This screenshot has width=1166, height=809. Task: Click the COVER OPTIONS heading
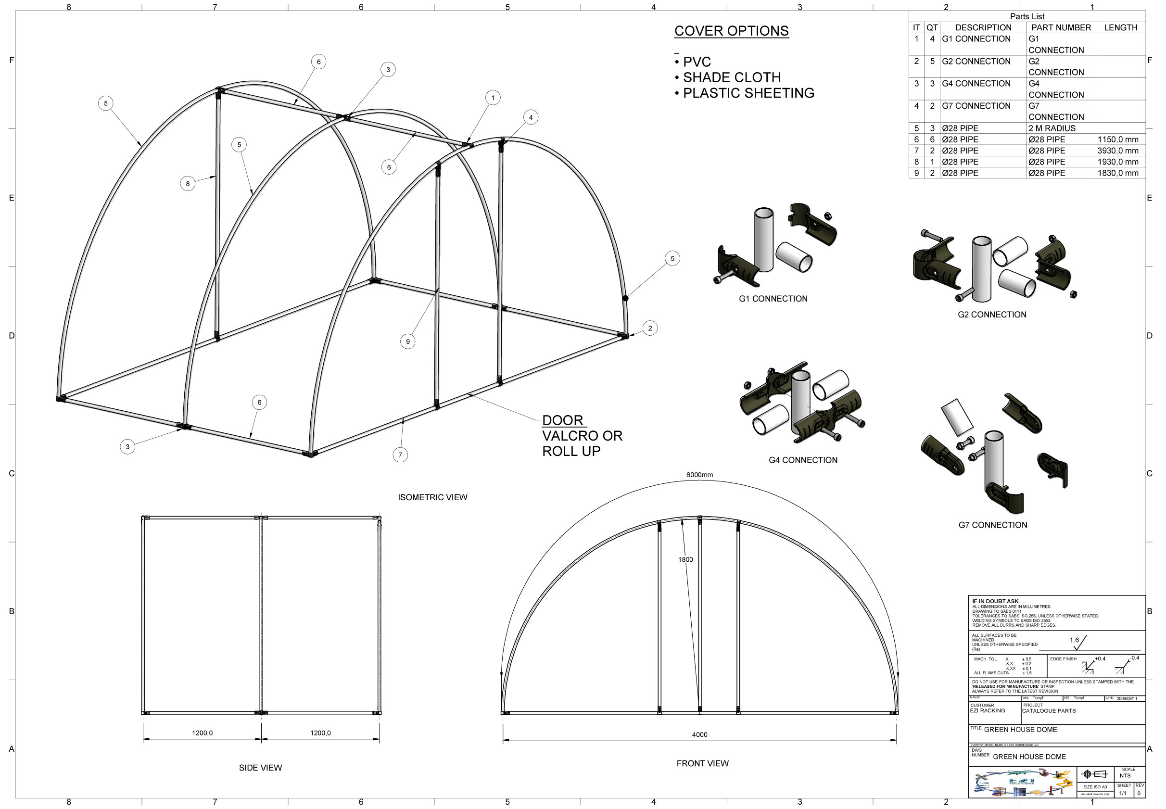click(x=731, y=31)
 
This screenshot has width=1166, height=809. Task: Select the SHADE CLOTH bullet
click(x=731, y=77)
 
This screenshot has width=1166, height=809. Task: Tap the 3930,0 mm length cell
click(x=1117, y=151)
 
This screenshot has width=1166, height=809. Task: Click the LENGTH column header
click(x=1120, y=27)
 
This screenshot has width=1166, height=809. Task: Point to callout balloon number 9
click(x=407, y=341)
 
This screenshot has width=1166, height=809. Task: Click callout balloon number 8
click(x=188, y=184)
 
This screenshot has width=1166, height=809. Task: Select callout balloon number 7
click(x=400, y=455)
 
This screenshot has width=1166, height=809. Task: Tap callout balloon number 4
click(x=531, y=117)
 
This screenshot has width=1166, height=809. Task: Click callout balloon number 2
click(x=650, y=328)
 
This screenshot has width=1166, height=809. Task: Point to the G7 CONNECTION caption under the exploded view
click(x=992, y=525)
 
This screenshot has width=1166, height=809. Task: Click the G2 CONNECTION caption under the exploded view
click(x=991, y=314)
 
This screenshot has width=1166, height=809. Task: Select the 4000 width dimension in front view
click(x=699, y=734)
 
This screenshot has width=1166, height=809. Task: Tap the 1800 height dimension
click(x=685, y=559)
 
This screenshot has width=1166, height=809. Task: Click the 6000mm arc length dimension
click(x=699, y=475)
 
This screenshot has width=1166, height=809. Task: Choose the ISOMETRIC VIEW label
click(x=432, y=497)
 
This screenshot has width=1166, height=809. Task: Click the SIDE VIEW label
click(x=260, y=768)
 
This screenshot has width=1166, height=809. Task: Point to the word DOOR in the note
click(x=562, y=420)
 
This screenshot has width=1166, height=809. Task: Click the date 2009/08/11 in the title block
click(x=1127, y=698)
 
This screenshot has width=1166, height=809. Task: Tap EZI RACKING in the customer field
click(x=987, y=711)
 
